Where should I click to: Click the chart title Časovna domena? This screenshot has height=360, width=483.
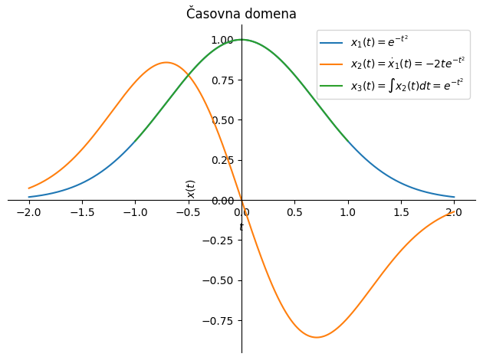tap(241, 14)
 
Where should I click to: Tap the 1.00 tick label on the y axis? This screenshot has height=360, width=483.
tap(222, 40)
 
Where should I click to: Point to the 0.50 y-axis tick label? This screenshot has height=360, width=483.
tap(222, 120)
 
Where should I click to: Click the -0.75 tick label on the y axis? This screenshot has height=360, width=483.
tap(218, 321)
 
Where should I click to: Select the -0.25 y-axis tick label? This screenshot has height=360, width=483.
tap(218, 241)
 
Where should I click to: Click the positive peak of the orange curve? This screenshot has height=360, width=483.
tap(166, 63)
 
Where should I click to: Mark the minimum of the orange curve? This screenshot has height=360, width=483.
tap(317, 337)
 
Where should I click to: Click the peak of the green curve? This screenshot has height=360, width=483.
tap(242, 40)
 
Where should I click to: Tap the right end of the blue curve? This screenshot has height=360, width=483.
tap(454, 197)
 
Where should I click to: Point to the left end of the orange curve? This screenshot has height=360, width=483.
tap(29, 188)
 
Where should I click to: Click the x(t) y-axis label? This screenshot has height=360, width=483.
tap(191, 188)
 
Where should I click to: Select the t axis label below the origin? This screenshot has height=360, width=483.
tap(241, 227)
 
